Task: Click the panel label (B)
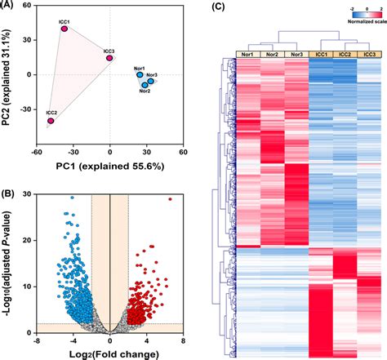(9, 193)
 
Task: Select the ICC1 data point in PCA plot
(64, 29)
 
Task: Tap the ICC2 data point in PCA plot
(51, 121)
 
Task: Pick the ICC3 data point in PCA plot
(109, 58)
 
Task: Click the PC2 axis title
(9, 76)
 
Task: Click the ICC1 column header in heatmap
(321, 54)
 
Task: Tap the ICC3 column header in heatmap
(371, 54)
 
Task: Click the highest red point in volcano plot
(171, 198)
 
